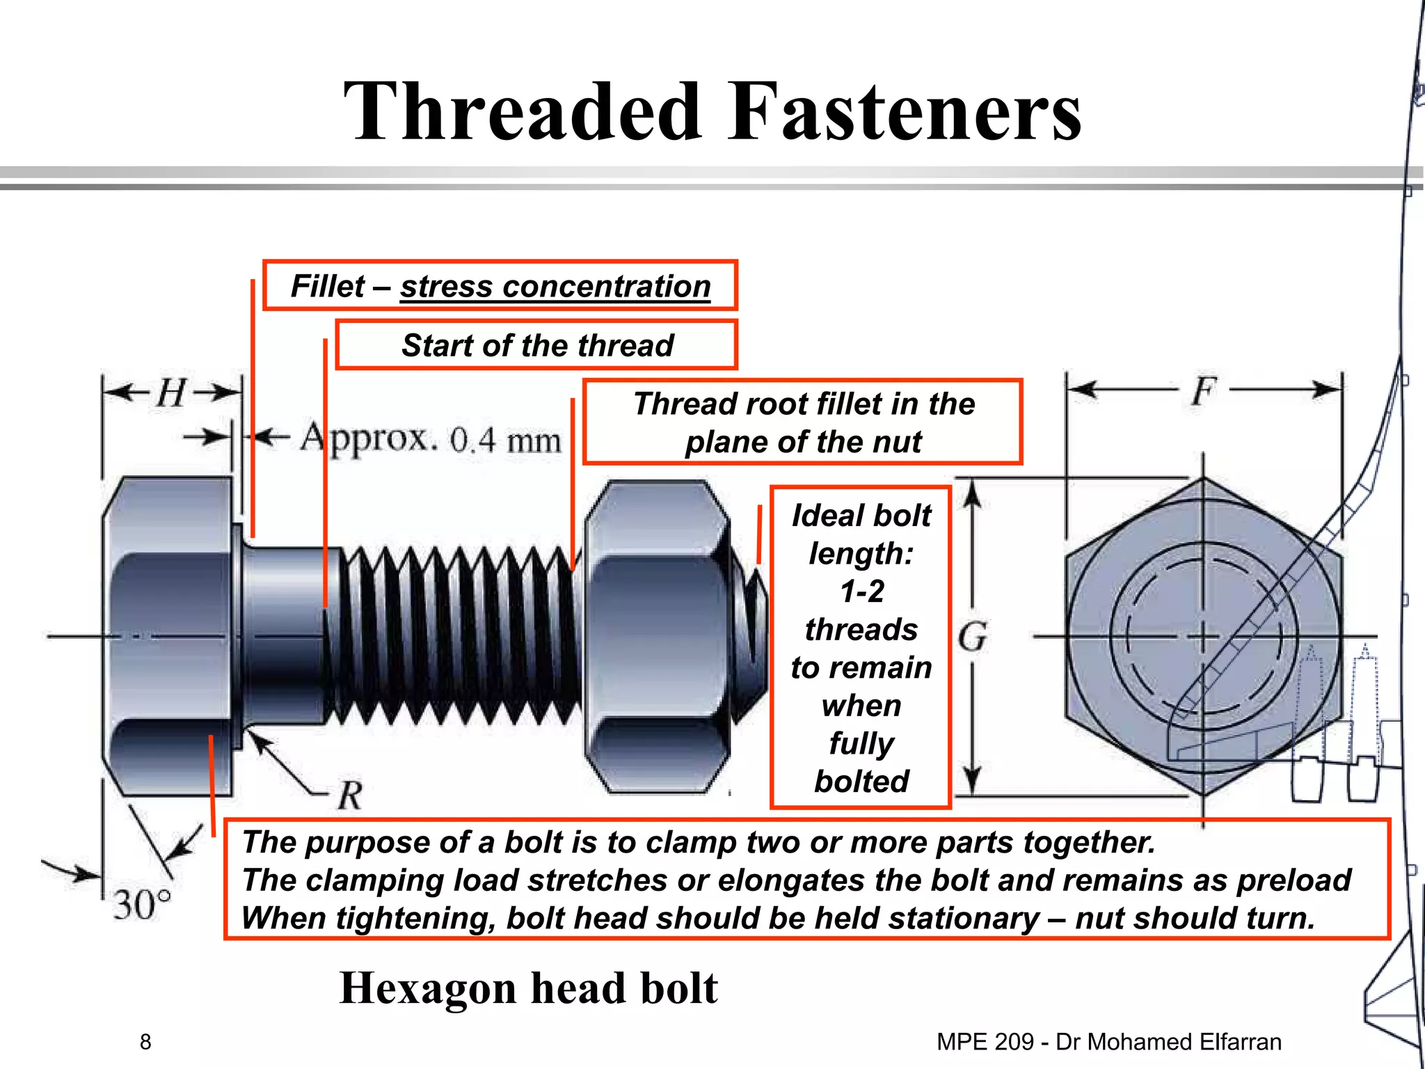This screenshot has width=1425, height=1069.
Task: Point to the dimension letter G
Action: point(972,637)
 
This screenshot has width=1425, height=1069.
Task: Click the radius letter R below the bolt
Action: point(350,795)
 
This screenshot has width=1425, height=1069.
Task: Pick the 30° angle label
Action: point(142,905)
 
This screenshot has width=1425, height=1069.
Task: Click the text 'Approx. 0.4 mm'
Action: point(430,438)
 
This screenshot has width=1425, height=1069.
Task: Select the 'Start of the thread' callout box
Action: point(536,345)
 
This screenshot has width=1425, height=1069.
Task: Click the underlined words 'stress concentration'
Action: point(555,286)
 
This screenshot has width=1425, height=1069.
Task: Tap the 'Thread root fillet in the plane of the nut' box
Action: point(802,422)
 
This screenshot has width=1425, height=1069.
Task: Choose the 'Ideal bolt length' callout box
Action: point(861,647)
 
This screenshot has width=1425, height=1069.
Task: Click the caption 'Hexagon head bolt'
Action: point(528,988)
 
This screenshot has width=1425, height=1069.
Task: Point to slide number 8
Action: point(145,1042)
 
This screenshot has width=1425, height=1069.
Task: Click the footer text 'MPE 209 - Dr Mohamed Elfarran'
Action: point(1108,1042)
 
